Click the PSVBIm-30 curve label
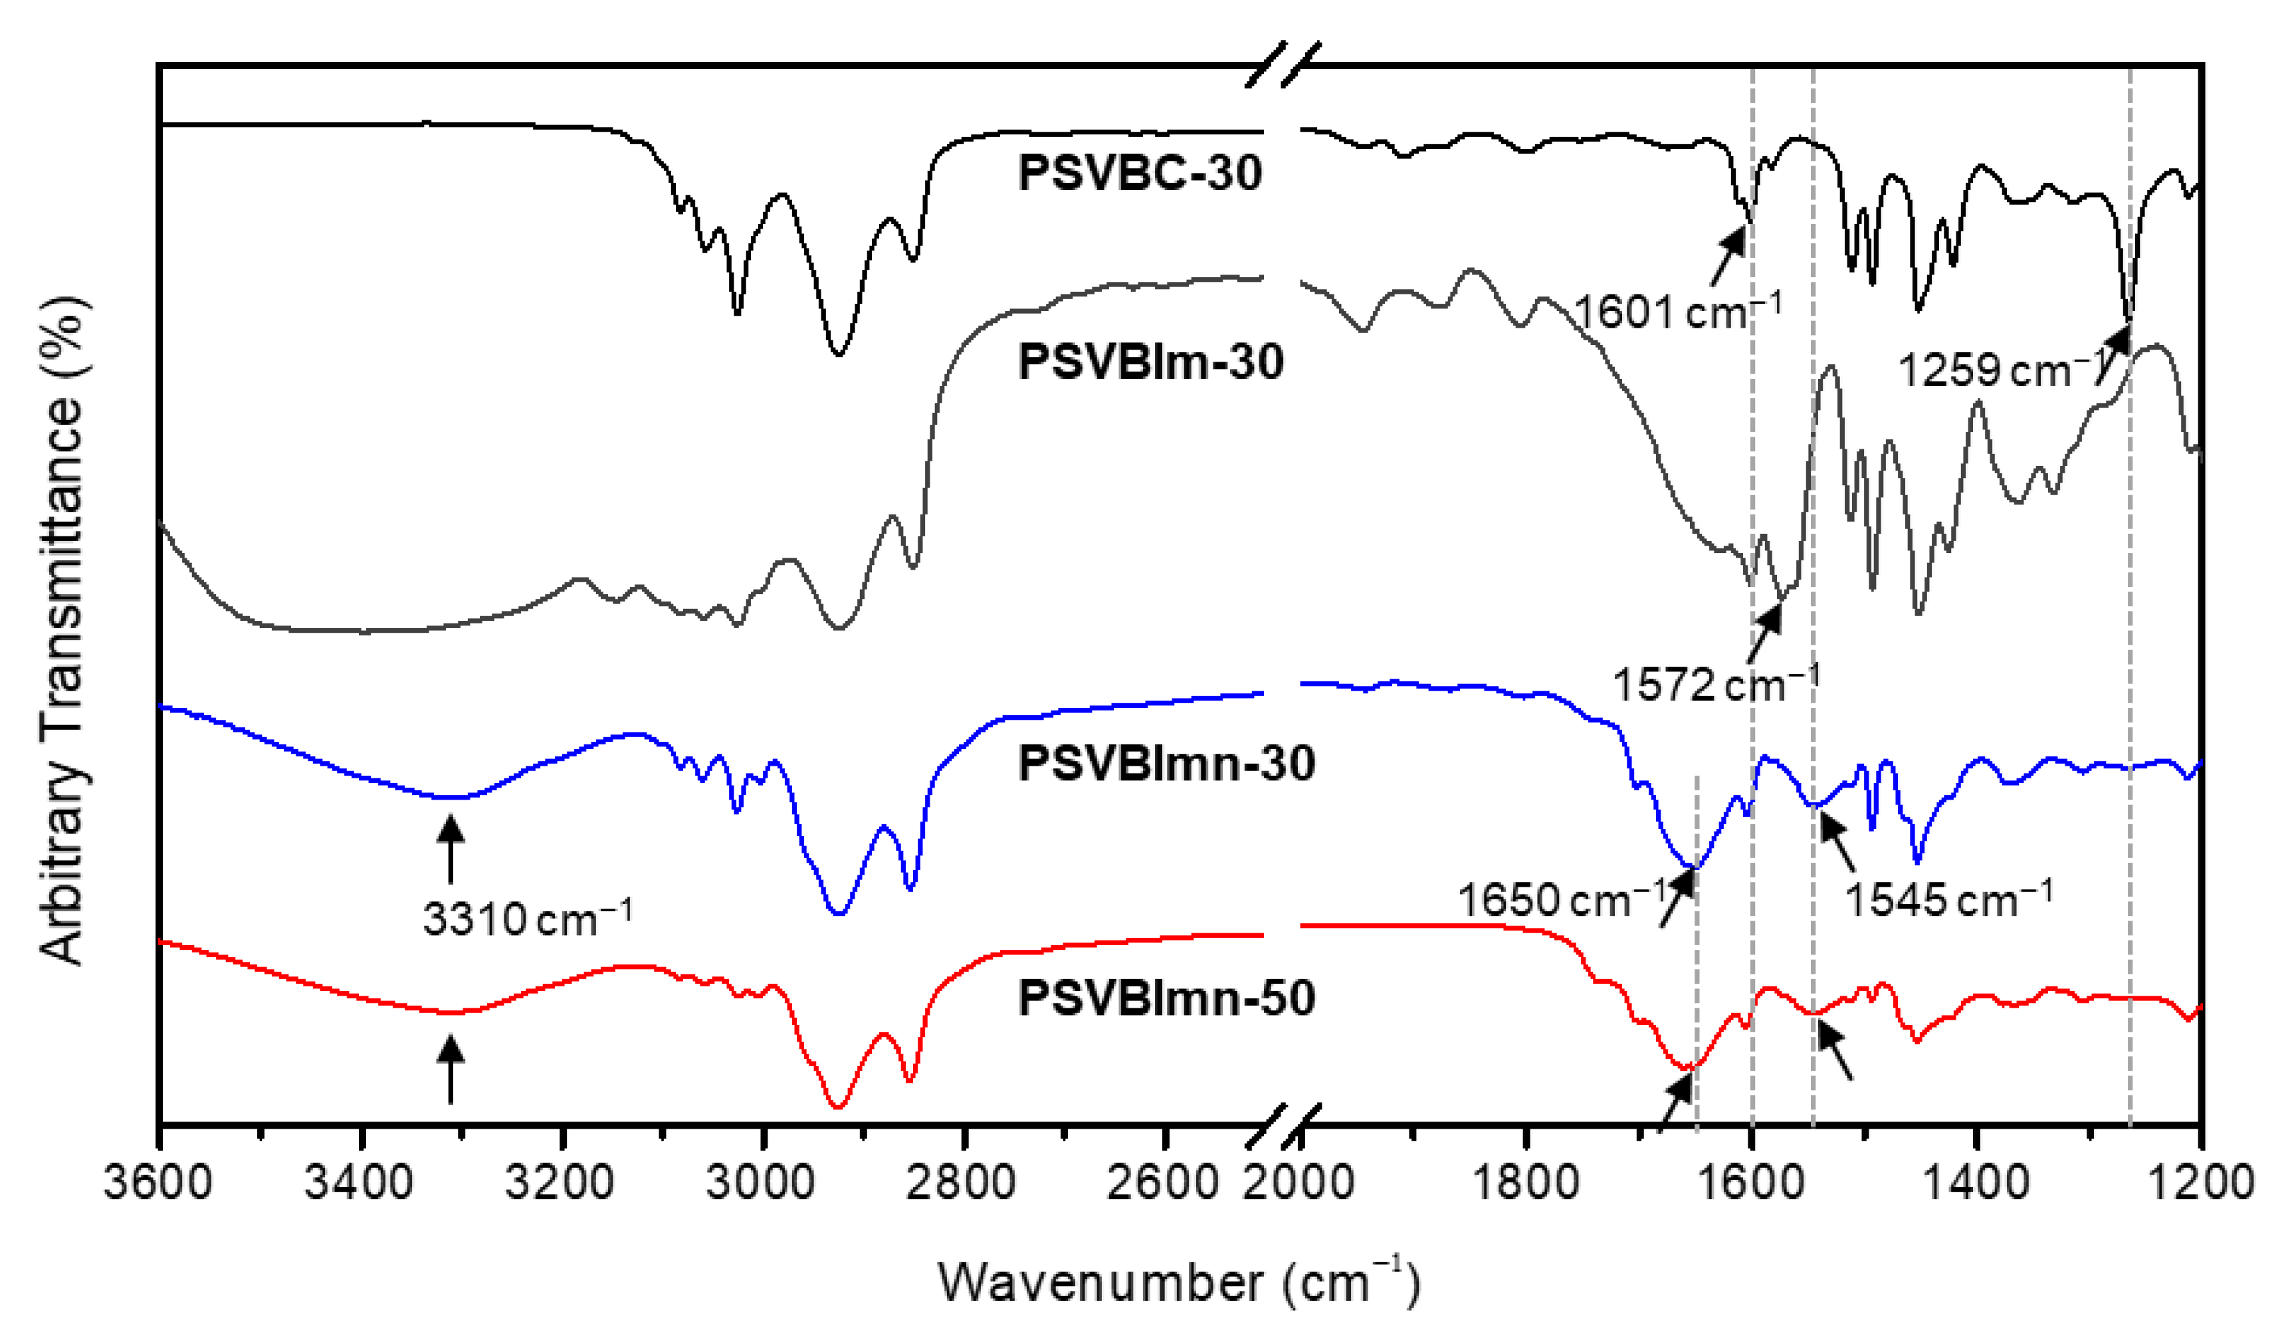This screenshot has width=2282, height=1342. [x=1151, y=362]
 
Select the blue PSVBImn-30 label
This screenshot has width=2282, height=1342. [x=1166, y=762]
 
